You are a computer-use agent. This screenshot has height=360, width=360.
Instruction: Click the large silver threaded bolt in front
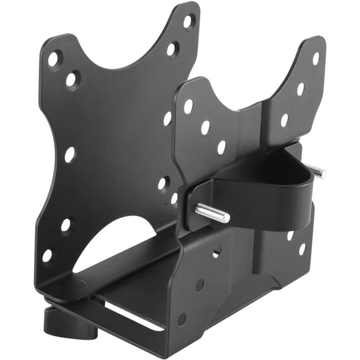(x=212, y=211)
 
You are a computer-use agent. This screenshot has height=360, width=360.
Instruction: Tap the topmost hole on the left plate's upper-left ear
(x=53, y=58)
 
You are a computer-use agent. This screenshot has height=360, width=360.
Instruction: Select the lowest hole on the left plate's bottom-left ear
(x=47, y=255)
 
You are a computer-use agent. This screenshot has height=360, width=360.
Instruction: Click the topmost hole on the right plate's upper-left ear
(x=188, y=106)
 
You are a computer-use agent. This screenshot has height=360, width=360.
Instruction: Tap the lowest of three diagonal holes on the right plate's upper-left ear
(x=222, y=147)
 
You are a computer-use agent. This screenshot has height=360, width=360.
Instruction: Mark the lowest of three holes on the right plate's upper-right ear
(x=284, y=120)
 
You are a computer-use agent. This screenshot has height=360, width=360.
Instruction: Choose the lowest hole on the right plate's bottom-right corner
(x=302, y=249)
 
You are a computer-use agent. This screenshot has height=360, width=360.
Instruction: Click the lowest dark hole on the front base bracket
(x=182, y=319)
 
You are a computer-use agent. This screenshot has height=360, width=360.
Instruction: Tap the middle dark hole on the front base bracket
(x=200, y=285)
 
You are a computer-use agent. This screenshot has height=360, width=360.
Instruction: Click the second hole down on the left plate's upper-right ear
(x=172, y=49)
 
